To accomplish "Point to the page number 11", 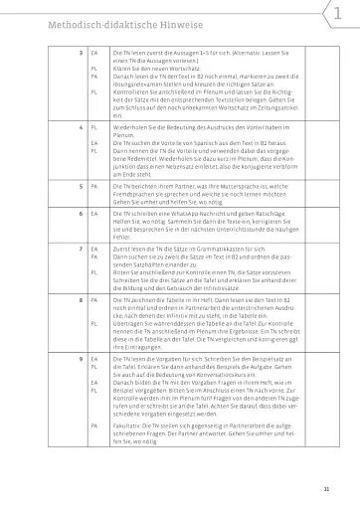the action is pyautogui.click(x=340, y=490).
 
